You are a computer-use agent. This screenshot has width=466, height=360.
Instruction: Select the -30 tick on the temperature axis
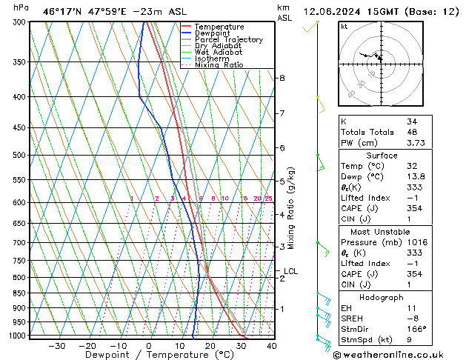(57, 346)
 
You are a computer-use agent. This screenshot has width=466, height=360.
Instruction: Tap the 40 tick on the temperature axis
(271, 346)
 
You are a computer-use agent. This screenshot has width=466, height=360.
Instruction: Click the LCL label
(290, 272)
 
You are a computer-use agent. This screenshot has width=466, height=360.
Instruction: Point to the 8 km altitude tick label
(282, 78)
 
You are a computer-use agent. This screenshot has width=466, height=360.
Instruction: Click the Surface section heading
(382, 156)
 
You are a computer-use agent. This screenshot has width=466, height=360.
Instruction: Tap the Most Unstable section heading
(382, 231)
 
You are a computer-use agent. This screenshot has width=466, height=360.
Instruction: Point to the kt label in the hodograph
(344, 27)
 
